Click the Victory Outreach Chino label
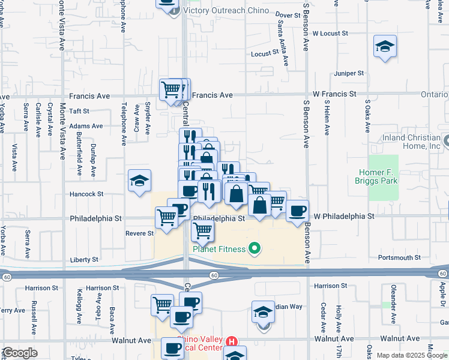click(x=226, y=11)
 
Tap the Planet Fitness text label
click(x=218, y=249)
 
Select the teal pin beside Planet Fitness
click(x=255, y=248)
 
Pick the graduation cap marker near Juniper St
click(x=384, y=47)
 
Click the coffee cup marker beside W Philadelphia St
click(x=298, y=211)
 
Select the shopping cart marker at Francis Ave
click(x=172, y=90)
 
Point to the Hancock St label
click(x=87, y=194)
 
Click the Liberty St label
click(x=84, y=260)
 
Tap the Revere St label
click(x=139, y=233)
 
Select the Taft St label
click(x=79, y=111)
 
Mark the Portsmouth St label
click(x=399, y=257)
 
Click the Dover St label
click(x=288, y=14)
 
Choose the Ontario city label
click(x=433, y=95)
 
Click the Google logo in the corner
click(x=20, y=353)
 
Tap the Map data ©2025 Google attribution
click(x=411, y=355)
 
